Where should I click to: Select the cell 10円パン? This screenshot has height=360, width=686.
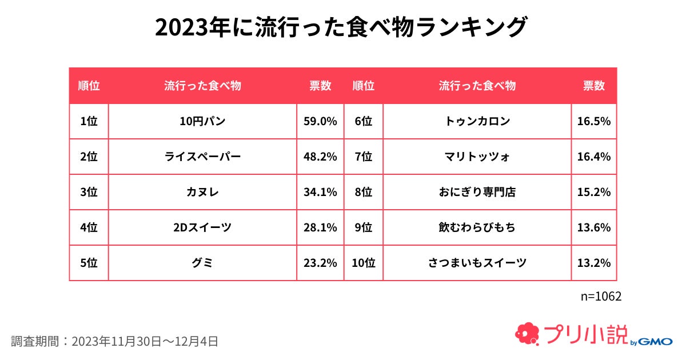click(x=202, y=121)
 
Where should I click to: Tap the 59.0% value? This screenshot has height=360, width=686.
click(x=320, y=121)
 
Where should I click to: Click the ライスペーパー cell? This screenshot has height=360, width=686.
click(x=202, y=157)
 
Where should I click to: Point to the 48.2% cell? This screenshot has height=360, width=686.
click(x=320, y=157)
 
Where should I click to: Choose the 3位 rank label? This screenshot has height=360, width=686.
click(x=89, y=192)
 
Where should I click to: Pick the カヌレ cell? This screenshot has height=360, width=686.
click(x=202, y=192)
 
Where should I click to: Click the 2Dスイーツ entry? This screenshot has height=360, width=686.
click(x=202, y=227)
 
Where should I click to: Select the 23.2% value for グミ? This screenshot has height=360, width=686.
click(x=320, y=263)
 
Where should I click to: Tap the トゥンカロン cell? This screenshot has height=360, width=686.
click(x=477, y=121)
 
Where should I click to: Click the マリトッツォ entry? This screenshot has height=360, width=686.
click(x=477, y=157)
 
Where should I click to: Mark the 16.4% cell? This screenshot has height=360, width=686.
click(x=594, y=157)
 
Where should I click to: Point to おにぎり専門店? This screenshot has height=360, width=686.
click(x=477, y=192)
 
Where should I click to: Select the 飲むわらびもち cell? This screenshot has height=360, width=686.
click(x=477, y=227)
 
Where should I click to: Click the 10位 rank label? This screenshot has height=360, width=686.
click(x=363, y=263)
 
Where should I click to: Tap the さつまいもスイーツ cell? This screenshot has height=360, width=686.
click(x=477, y=263)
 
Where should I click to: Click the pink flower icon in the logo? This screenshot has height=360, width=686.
click(x=527, y=334)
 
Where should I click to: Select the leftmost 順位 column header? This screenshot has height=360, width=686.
click(x=89, y=86)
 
